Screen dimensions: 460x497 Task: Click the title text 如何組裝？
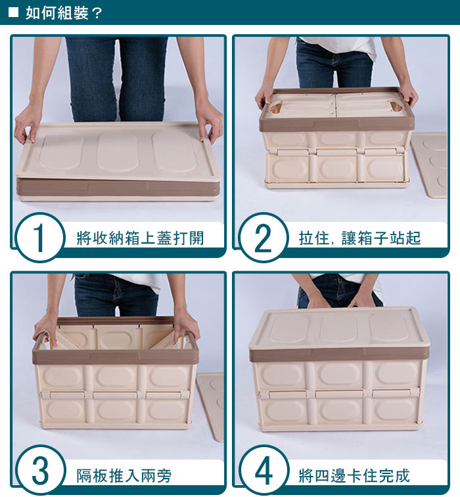point(64,12)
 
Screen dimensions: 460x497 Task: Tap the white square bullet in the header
point(13,12)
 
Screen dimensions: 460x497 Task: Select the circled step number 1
point(39,238)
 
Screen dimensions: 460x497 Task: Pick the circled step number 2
point(264,238)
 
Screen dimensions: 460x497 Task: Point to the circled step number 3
point(40,470)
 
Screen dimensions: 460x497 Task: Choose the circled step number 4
point(264,470)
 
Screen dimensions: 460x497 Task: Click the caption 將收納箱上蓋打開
point(140,238)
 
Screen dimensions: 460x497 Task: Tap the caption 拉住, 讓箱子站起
point(359,238)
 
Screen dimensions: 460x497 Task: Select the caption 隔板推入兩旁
point(124,475)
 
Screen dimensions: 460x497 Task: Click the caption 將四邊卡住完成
point(354,475)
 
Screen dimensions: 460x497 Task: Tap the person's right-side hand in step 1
point(209,119)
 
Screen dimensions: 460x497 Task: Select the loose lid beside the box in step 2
point(429,165)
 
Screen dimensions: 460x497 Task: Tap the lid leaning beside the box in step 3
point(211,406)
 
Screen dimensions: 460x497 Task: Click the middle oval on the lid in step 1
point(118,152)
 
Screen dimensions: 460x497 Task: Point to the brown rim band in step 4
point(339,355)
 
